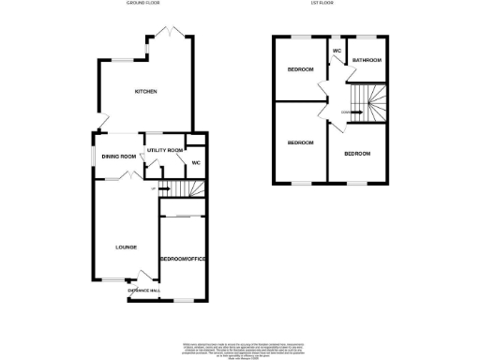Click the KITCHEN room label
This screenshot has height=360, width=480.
pyautogui.click(x=144, y=91)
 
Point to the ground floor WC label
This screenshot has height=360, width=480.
pyautogui.click(x=196, y=163)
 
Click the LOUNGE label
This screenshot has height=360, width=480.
pyautogui.click(x=126, y=247)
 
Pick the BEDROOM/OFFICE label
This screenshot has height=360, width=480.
pyautogui.click(x=183, y=258)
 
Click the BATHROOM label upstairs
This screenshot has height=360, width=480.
pyautogui.click(x=367, y=60)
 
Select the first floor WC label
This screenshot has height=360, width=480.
pyautogui.click(x=336, y=51)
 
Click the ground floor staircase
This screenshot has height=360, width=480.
pyautogui.click(x=183, y=190)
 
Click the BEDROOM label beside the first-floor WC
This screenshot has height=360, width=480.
pyautogui.click(x=300, y=69)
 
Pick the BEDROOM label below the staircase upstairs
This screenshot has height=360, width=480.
pyautogui.click(x=357, y=153)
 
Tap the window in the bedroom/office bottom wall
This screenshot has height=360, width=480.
pyautogui.click(x=184, y=301)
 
